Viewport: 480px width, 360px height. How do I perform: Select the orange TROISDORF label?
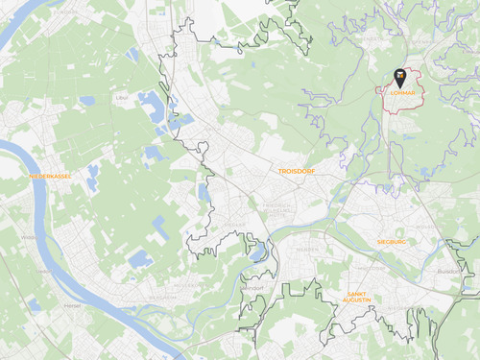click(x=297, y=170)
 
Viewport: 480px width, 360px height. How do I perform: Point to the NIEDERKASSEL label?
click(x=50, y=176)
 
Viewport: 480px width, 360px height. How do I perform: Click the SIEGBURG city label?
click(x=392, y=242)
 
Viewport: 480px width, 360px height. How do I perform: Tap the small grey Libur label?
click(x=121, y=98)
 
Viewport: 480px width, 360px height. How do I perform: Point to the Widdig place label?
click(x=31, y=236)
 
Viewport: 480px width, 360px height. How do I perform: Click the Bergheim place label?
click(x=163, y=298)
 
